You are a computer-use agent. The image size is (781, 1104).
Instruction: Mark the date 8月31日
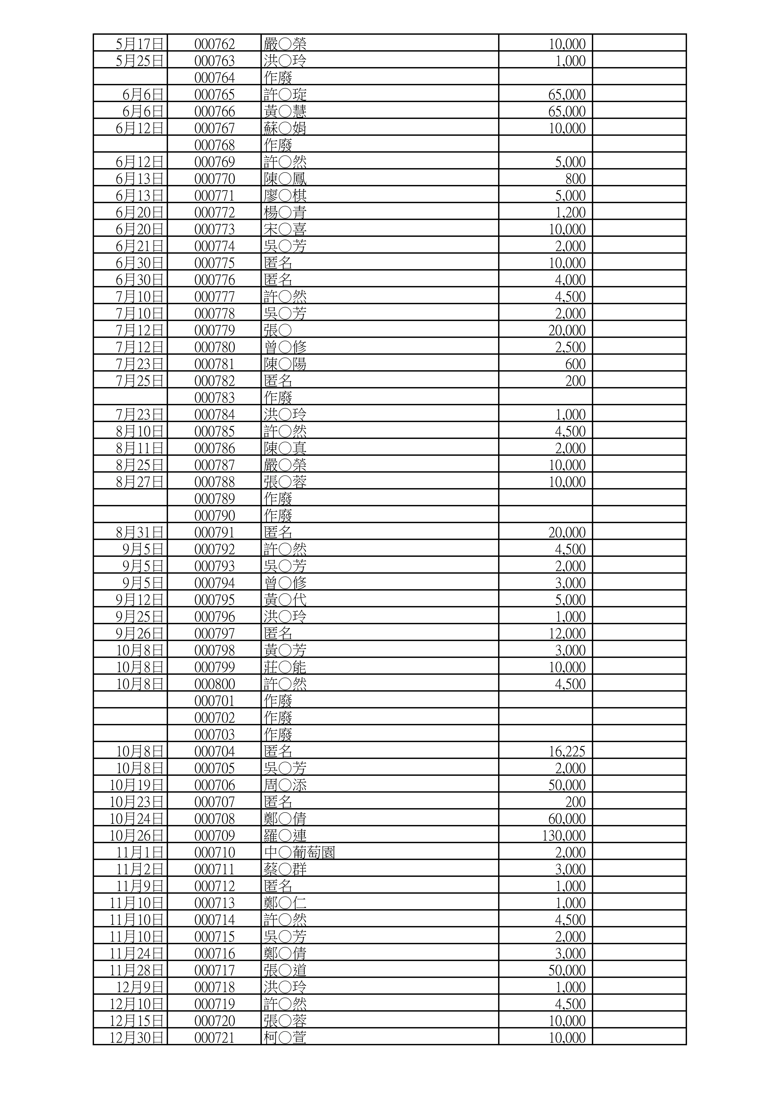tap(140, 532)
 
